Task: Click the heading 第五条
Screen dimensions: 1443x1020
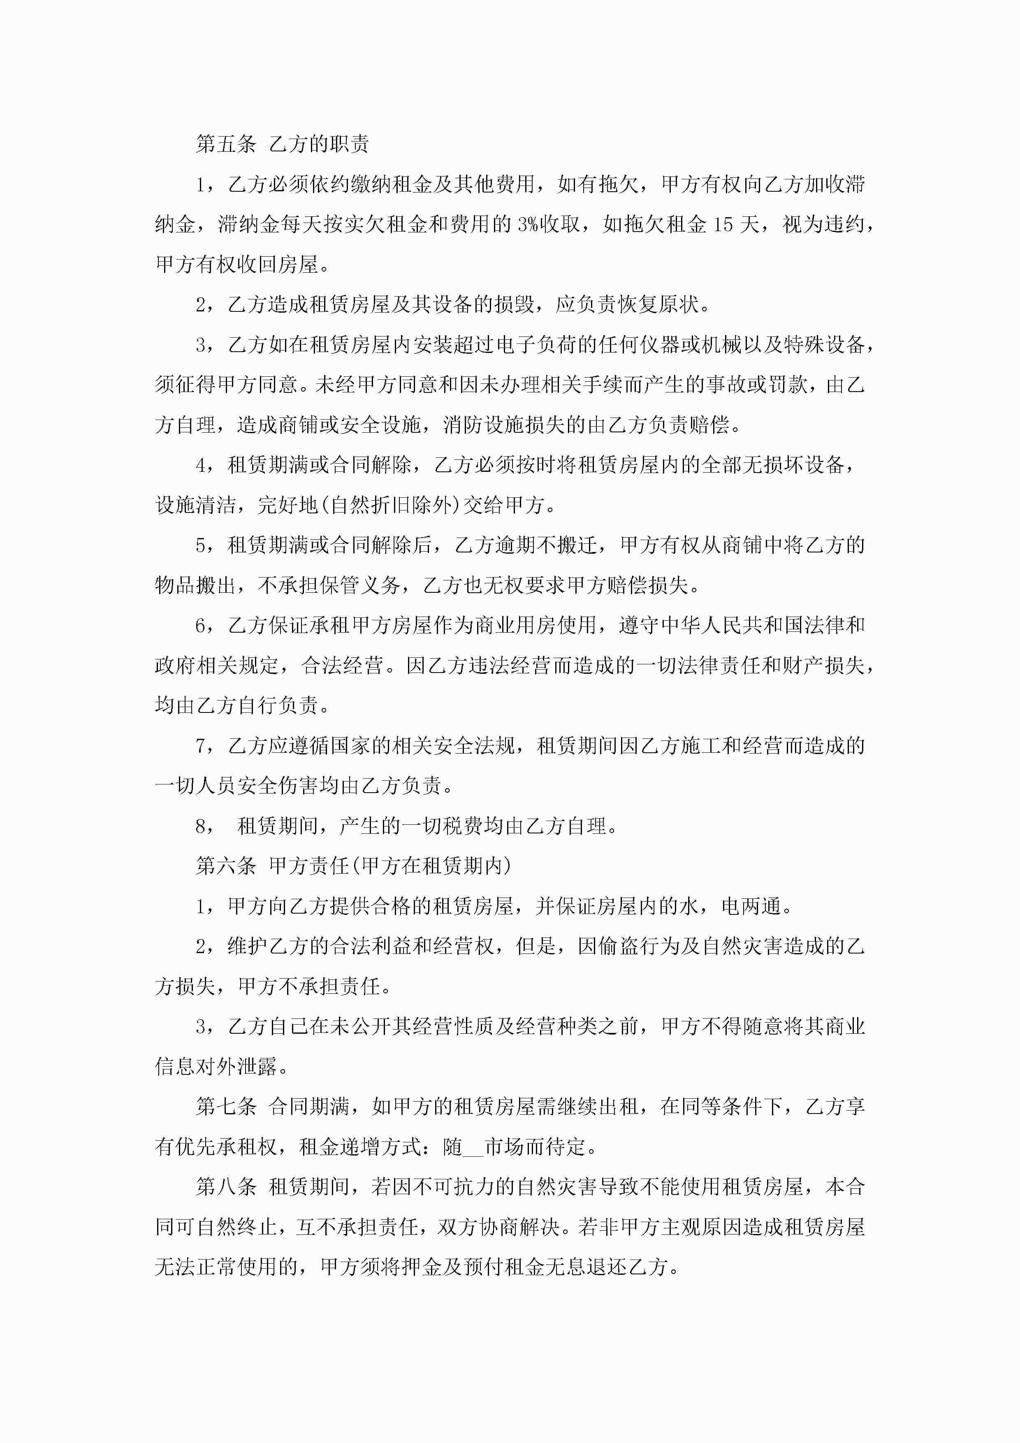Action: pos(226,144)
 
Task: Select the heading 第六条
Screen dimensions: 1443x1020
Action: pos(226,865)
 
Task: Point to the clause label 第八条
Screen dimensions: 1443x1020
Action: pos(226,1187)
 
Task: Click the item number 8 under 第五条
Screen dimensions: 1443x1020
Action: pos(201,826)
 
